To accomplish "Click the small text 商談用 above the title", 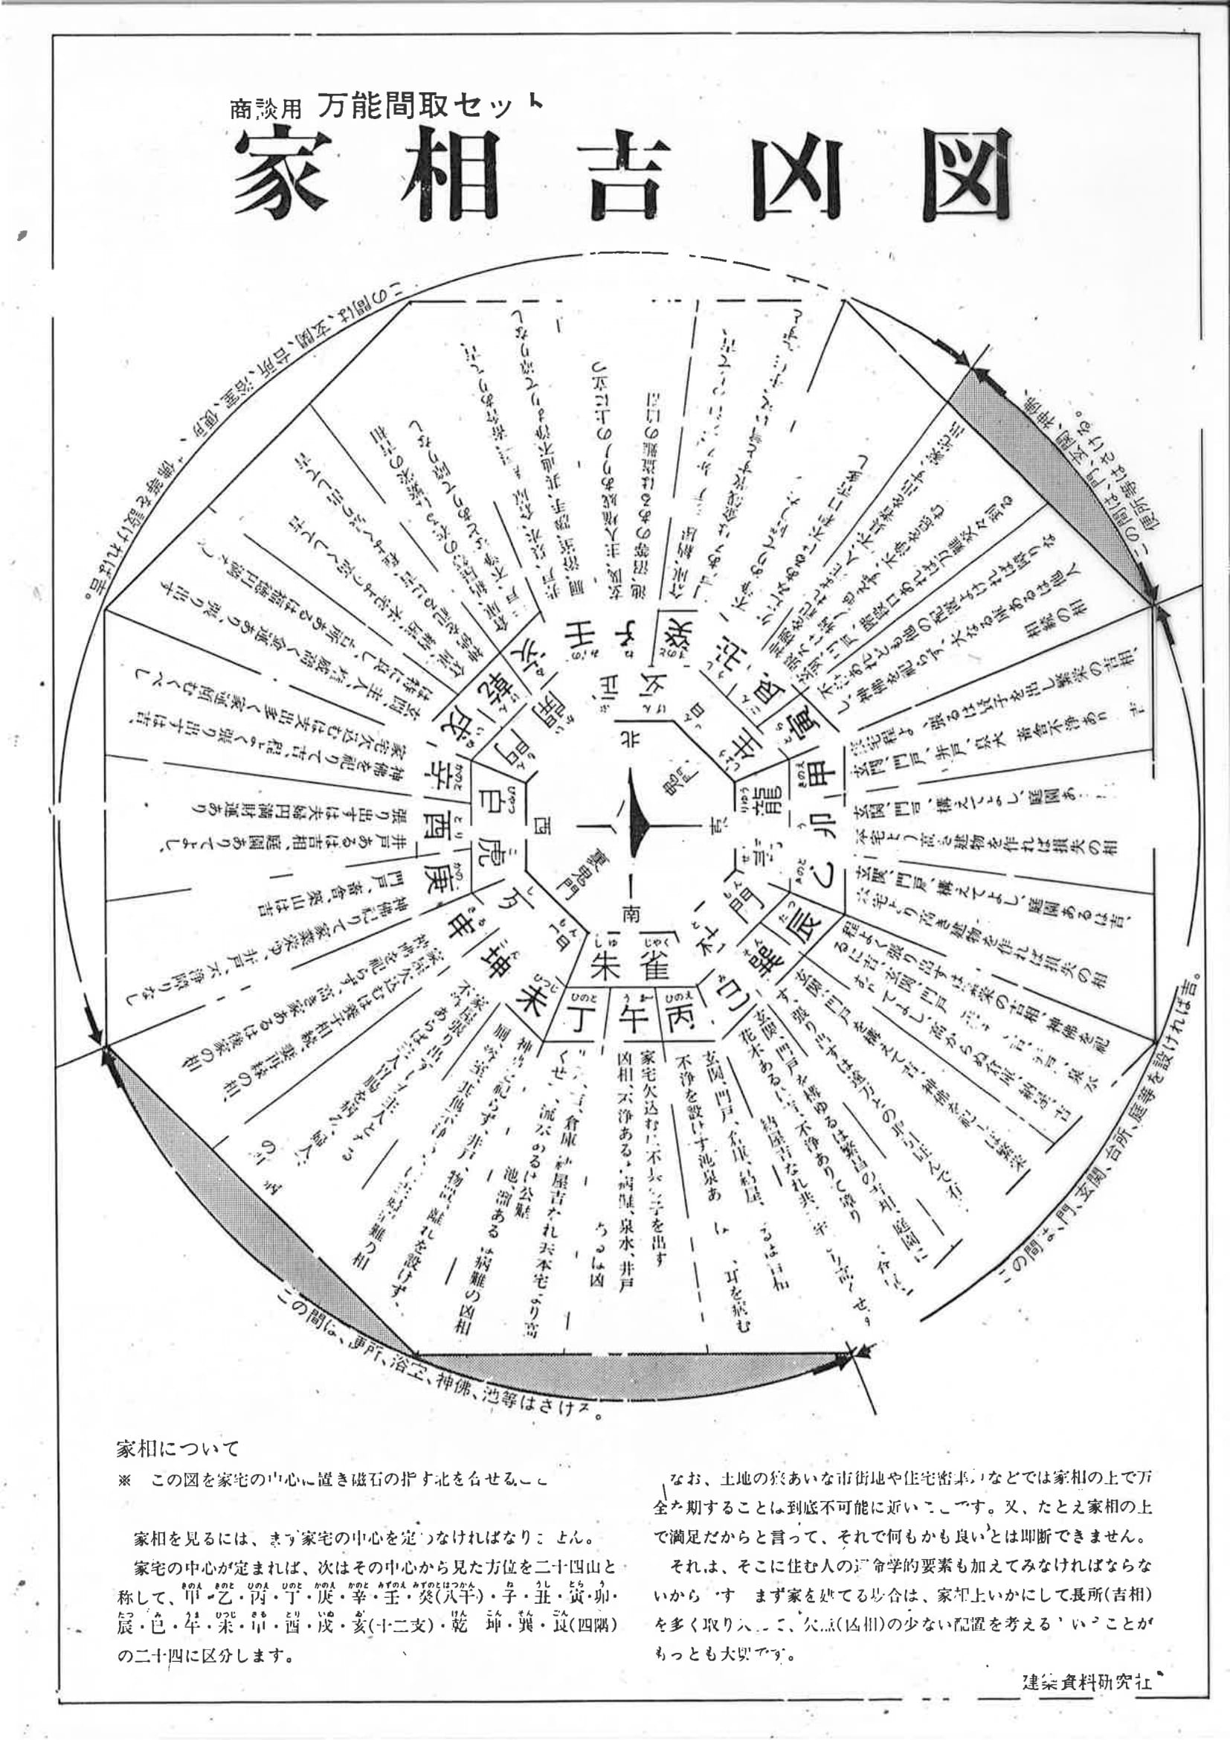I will pos(265,109).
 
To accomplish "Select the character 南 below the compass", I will pos(631,915).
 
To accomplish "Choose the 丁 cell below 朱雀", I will pos(581,1019).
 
